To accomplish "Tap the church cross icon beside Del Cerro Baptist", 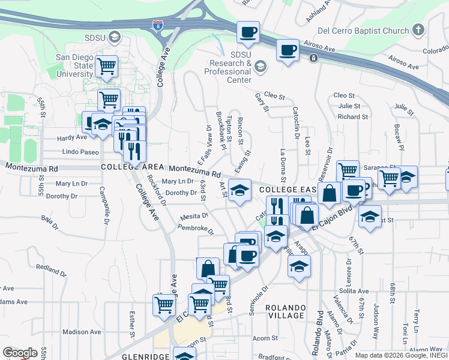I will (419, 29).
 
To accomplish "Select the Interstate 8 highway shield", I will (158, 25).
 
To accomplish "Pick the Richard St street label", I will (348, 116).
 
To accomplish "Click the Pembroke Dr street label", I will (196, 228).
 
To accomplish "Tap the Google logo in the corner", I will (20, 352).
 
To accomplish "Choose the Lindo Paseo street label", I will (80, 152).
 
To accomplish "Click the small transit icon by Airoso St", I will (313, 58).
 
